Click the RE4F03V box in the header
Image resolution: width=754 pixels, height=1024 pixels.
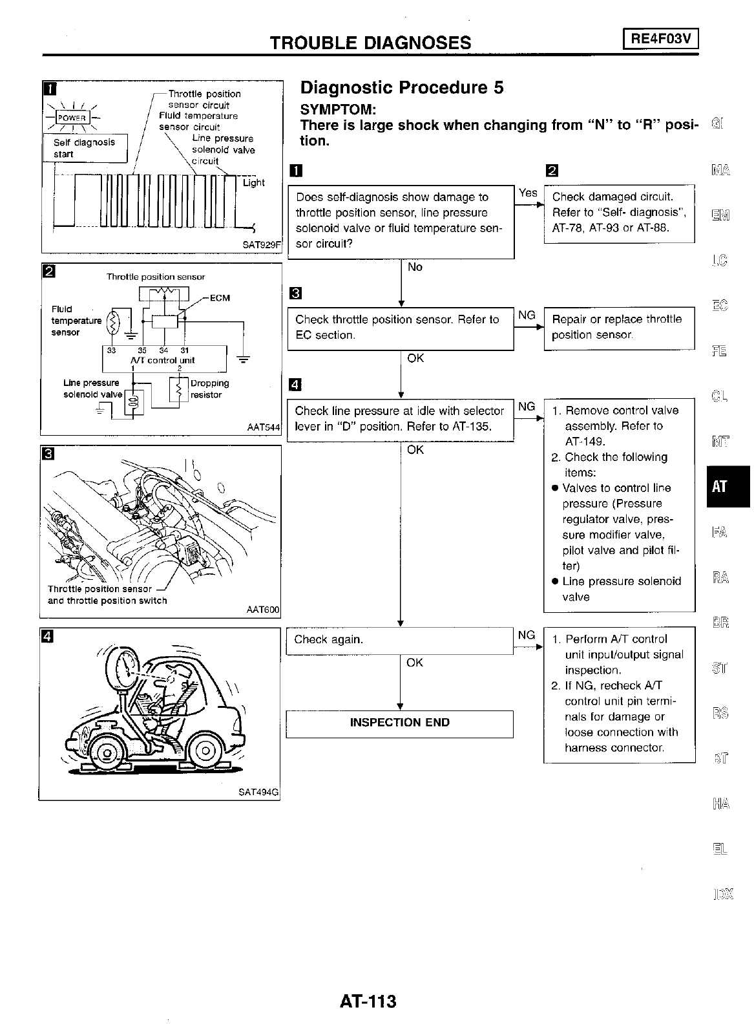tap(661, 39)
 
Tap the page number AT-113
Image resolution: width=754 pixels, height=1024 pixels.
tap(368, 1001)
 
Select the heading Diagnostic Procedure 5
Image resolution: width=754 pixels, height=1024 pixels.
tap(402, 87)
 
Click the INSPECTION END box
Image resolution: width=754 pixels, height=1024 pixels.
tap(399, 723)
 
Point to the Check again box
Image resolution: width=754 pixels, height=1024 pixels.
tap(399, 640)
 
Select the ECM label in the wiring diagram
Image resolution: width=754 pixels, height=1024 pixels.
tap(220, 298)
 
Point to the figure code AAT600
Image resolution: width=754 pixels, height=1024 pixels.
tap(263, 609)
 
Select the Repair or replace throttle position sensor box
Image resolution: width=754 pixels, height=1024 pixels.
tap(619, 327)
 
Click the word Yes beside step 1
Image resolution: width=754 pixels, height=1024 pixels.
tap(528, 193)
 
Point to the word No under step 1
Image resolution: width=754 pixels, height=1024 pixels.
tap(415, 267)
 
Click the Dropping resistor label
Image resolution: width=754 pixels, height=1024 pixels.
tap(209, 389)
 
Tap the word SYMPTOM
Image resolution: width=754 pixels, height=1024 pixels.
tap(342, 110)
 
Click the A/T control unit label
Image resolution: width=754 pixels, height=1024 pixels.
tap(162, 360)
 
